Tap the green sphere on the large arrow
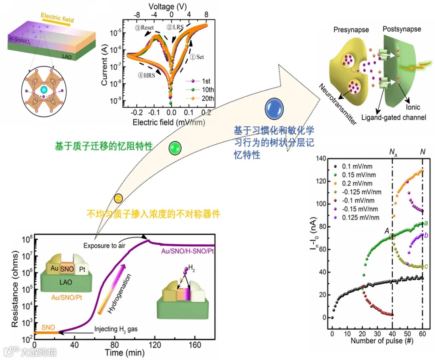[175, 148]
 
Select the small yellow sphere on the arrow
[118, 198]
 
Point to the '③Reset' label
[145, 28]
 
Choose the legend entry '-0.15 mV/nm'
[360, 209]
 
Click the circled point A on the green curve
[392, 237]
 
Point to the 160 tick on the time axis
[195, 345]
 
